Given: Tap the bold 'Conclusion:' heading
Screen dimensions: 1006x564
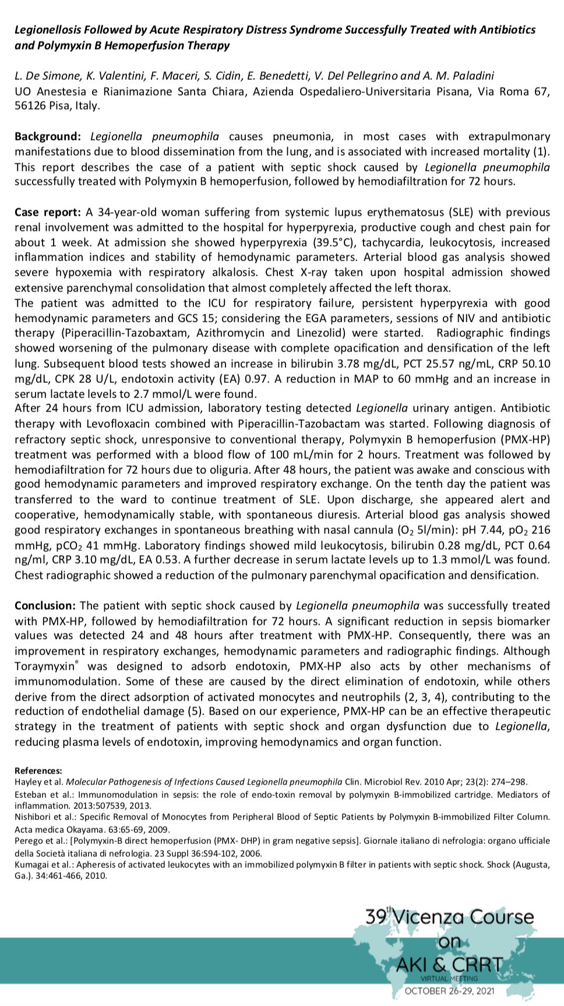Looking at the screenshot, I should coord(45,606).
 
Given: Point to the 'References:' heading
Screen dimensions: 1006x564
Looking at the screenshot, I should coord(38,771).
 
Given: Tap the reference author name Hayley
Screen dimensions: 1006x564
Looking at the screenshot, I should coord(27,782).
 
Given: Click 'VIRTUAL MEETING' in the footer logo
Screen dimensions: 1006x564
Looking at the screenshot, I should coord(449,979).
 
